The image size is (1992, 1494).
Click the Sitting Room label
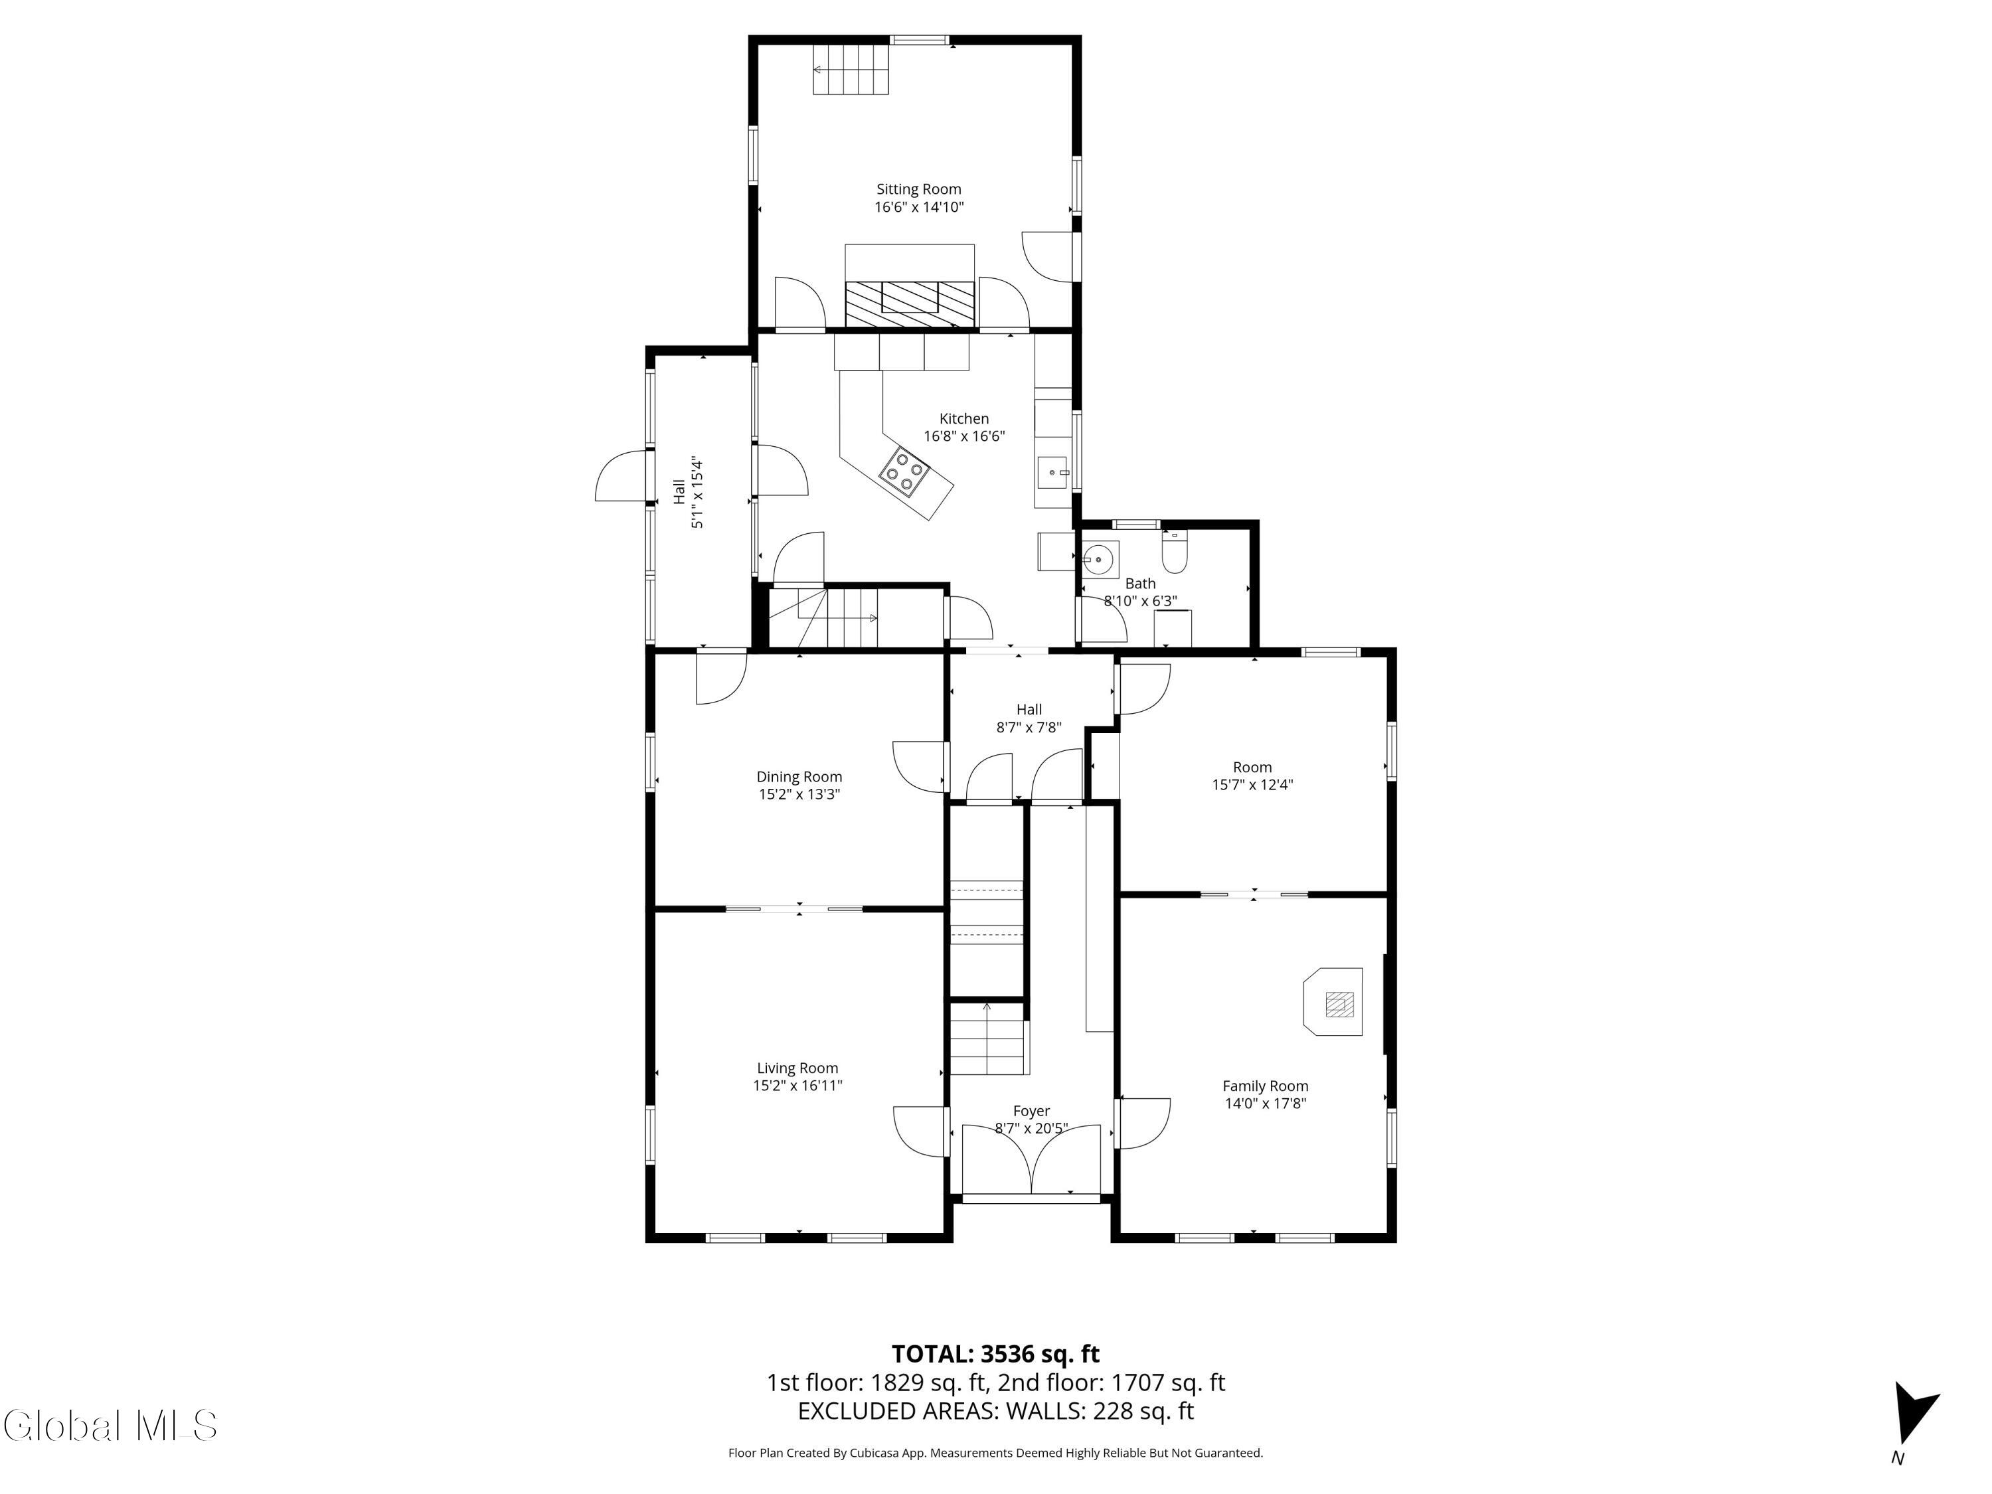pos(918,189)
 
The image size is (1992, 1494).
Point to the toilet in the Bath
pos(1175,552)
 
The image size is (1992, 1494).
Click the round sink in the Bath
pos(1099,559)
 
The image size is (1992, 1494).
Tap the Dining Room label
pos(799,776)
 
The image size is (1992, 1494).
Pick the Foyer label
pos(1031,1112)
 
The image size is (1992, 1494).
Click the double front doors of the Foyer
pos(1031,1162)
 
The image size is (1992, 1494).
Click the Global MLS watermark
pos(110,1426)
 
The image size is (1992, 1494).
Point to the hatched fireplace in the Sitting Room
pos(910,303)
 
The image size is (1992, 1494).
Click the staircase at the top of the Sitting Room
pos(851,69)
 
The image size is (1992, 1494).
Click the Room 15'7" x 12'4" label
pos(1252,776)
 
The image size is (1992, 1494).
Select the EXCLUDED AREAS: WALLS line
pos(995,1411)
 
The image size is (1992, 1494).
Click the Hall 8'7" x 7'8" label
pos(1029,718)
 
